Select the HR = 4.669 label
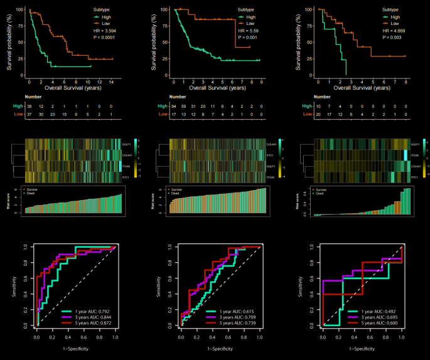pos(395,30)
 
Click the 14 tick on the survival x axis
pos(111,82)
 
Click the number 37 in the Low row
pos(29,115)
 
